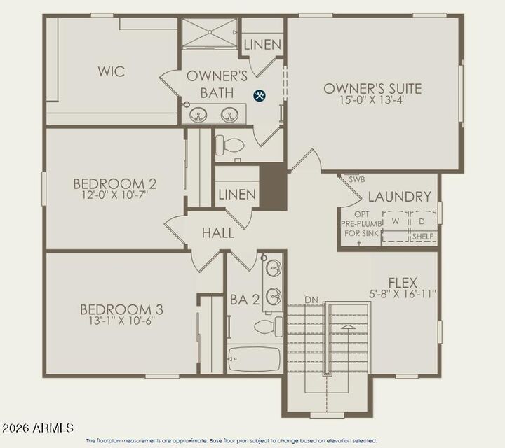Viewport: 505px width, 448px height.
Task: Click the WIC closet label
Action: point(111,71)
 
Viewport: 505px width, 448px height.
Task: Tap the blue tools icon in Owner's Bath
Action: point(260,95)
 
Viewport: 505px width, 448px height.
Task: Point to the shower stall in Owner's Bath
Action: point(210,34)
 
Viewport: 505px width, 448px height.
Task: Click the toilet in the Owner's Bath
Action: point(230,146)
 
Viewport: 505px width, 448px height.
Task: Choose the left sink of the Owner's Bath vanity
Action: point(198,115)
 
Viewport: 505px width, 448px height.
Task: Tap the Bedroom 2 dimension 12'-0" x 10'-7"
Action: point(114,196)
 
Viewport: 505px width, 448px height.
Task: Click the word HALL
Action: point(217,233)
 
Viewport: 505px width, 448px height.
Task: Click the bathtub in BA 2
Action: point(254,359)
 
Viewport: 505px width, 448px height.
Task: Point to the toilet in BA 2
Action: point(267,326)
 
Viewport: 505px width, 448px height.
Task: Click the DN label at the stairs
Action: point(311,300)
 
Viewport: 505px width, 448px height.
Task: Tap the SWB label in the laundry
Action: point(356,180)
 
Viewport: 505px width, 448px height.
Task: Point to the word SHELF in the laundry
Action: point(423,237)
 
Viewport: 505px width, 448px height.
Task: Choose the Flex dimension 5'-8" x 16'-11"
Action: point(403,294)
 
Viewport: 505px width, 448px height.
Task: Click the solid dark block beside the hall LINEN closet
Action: point(273,186)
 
